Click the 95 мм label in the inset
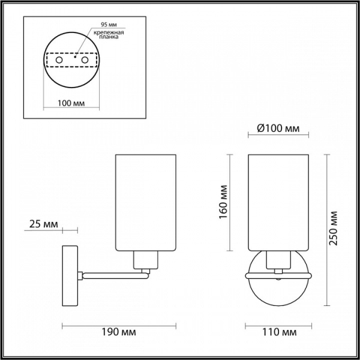pos(109,25)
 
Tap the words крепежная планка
pos(109,34)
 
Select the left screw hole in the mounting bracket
pos(59,60)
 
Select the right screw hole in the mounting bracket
pos(85,60)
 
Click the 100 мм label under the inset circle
pos(71,103)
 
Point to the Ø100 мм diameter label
pos(278,128)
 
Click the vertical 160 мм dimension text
pos(223,202)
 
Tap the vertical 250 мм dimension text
pos(334,228)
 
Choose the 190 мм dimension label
pos(119,332)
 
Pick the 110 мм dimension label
pos(280,332)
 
